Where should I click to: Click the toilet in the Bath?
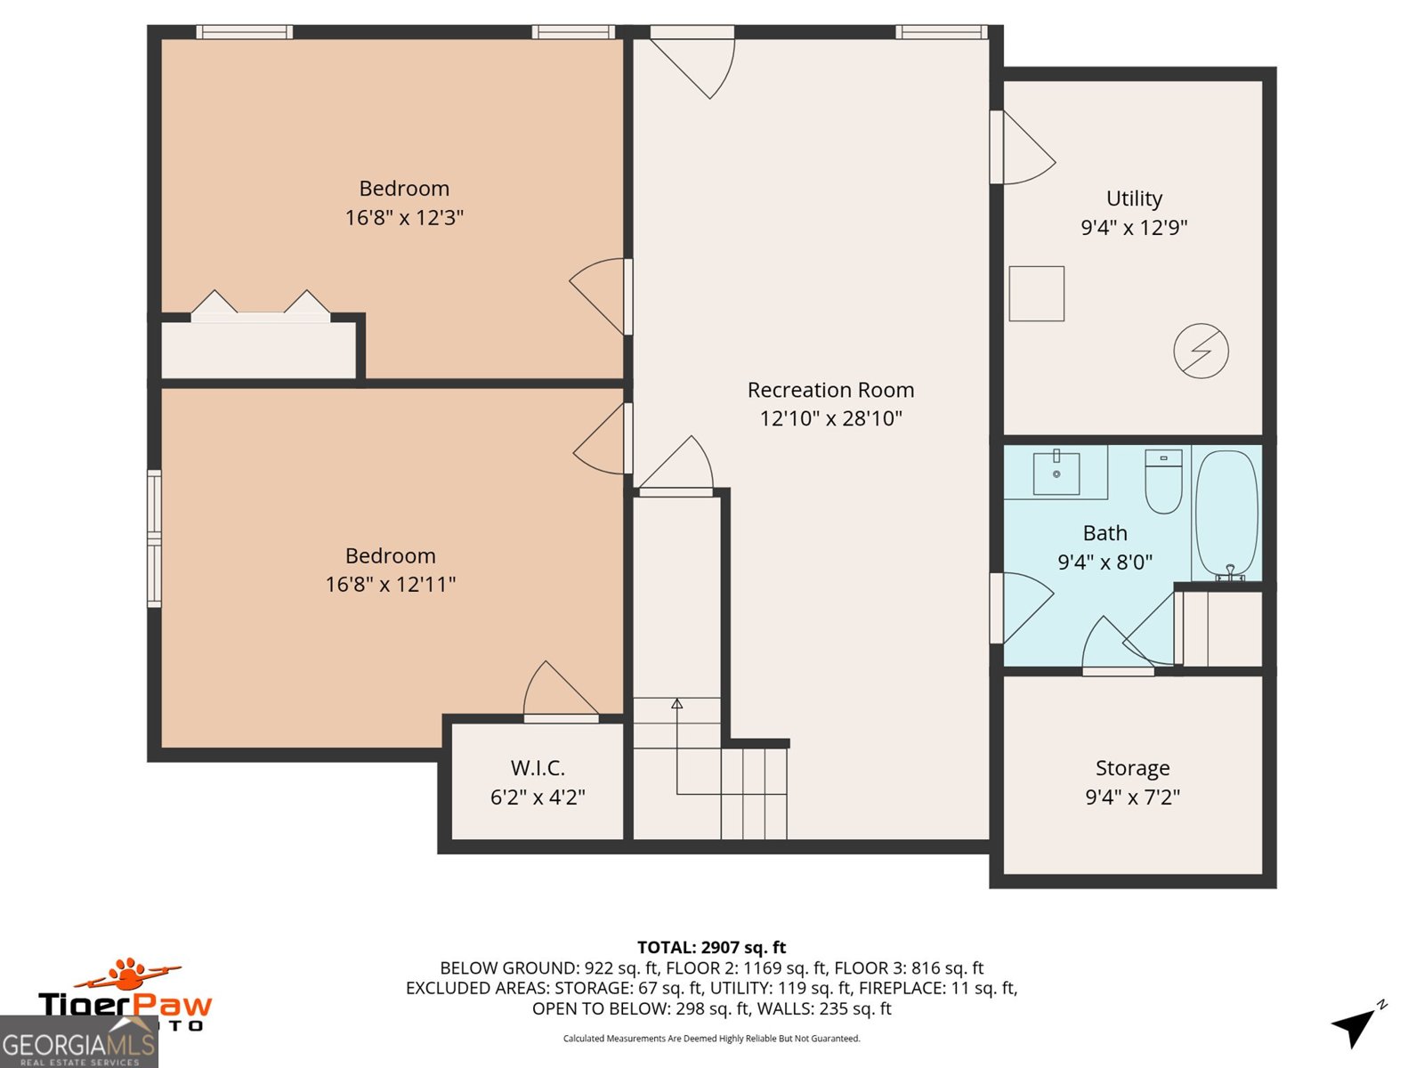coord(1163,481)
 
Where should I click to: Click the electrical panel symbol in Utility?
coord(1201,351)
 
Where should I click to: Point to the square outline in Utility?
coord(1036,293)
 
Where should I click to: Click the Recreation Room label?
coord(830,390)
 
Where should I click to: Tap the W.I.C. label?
coord(538,768)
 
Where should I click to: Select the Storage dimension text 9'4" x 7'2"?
coord(1133,797)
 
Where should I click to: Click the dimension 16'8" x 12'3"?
coord(404,217)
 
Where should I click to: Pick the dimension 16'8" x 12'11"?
coord(391,584)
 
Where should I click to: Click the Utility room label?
coord(1134,198)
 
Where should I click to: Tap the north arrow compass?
coord(1357,1023)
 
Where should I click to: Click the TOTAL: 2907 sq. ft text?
coord(712,947)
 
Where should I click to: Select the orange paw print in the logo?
coord(128,971)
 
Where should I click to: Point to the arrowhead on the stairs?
coord(676,703)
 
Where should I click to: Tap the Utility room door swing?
coord(1029,147)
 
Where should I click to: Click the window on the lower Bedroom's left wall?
coord(154,538)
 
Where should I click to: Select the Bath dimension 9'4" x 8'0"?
coord(1104,562)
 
